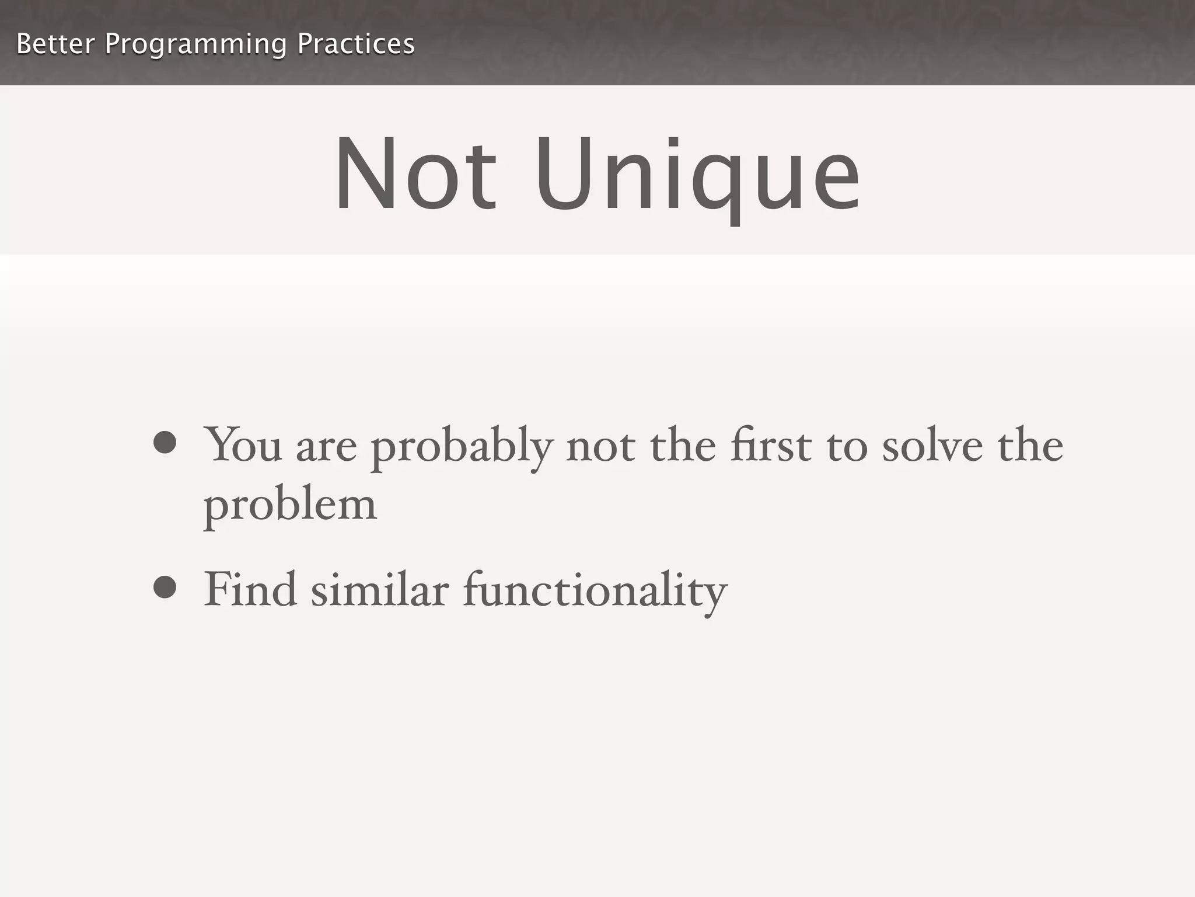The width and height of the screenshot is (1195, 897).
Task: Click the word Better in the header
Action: coord(55,44)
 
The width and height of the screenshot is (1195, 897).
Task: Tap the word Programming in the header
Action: coord(195,45)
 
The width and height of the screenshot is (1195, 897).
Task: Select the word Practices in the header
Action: coord(356,44)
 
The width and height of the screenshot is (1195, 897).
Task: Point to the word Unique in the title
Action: coord(698,175)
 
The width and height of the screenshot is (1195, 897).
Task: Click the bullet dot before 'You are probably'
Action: coord(165,442)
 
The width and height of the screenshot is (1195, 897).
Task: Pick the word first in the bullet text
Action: coord(771,445)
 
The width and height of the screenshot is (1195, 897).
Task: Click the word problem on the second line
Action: coord(290,506)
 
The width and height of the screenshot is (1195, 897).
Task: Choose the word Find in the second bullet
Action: coord(250,590)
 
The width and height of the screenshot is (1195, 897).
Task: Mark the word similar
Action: coord(380,590)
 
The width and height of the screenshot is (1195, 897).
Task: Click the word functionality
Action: coord(595,591)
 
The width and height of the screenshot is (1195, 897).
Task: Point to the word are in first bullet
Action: coord(326,448)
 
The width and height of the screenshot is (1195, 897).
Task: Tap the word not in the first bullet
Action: coord(600,447)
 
